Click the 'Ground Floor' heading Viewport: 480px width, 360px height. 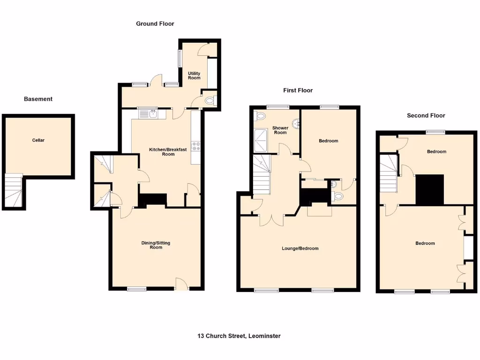click(155, 23)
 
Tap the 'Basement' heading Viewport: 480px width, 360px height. click(38, 99)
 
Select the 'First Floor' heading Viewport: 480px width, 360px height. click(298, 90)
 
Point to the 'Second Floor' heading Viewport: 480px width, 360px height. click(426, 115)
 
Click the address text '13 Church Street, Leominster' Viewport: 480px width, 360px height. click(239, 336)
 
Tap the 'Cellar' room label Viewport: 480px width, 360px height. click(38, 140)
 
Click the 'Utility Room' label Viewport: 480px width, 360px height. click(194, 75)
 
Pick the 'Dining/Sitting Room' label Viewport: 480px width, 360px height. click(156, 245)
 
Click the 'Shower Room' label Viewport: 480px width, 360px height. click(280, 130)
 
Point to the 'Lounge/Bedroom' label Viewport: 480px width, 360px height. click(300, 248)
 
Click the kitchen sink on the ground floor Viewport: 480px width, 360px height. click(149, 113)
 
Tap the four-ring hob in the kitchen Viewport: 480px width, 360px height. click(196, 146)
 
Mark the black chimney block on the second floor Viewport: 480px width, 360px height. click(430, 189)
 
